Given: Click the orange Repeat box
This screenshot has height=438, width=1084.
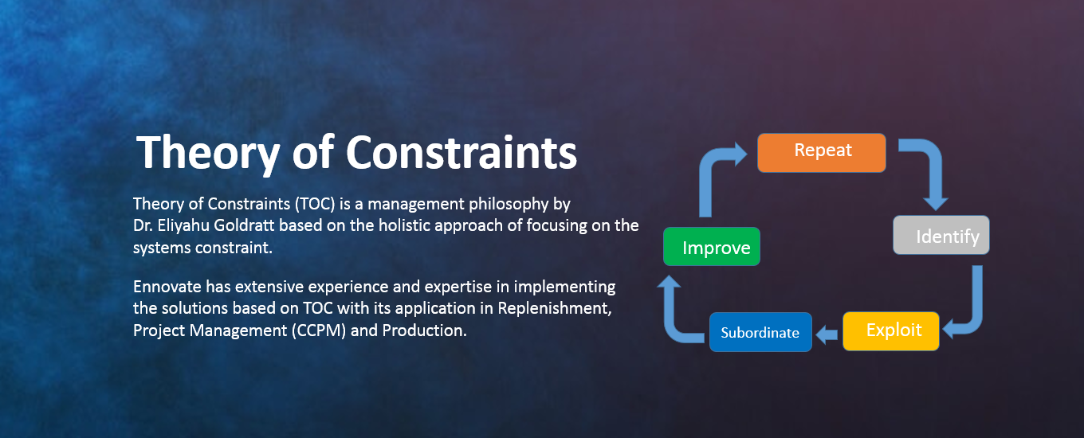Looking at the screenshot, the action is (822, 153).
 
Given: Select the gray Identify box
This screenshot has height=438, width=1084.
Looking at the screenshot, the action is (941, 235).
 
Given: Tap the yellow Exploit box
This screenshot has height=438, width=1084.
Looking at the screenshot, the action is (891, 331).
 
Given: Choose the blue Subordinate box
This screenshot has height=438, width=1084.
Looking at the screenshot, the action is (760, 332).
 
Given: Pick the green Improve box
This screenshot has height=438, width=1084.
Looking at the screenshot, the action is (711, 247).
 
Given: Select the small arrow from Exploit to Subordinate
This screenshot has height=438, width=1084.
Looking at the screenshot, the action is (827, 334).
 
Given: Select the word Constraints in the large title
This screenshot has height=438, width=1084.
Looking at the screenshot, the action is (461, 152).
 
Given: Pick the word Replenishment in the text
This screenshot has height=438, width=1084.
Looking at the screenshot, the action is (555, 308).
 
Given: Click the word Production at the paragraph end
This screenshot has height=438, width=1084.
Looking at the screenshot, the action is (424, 330).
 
